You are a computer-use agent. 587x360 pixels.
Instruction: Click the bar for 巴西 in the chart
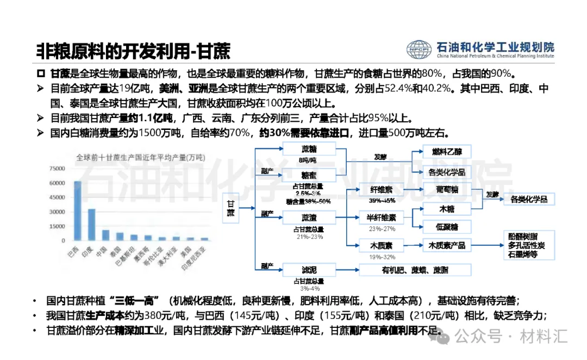point(77,211)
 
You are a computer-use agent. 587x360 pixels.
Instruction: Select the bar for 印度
point(91,225)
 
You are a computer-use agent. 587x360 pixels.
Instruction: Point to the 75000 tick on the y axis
point(57,169)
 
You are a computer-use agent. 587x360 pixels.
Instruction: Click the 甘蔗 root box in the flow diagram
point(231,207)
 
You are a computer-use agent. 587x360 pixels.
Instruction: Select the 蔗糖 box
point(309,149)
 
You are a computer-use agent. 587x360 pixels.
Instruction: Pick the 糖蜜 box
point(309,174)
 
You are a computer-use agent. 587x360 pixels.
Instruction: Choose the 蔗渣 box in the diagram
point(309,218)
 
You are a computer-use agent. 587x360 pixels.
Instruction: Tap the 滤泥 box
point(309,270)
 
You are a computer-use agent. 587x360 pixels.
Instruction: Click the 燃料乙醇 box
point(446,151)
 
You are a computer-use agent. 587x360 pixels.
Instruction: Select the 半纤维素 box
point(380,218)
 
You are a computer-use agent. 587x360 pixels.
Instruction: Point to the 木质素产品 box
point(447,245)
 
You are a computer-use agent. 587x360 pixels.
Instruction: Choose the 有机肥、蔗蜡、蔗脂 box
point(415,270)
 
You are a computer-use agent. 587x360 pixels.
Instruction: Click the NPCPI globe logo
point(419,49)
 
